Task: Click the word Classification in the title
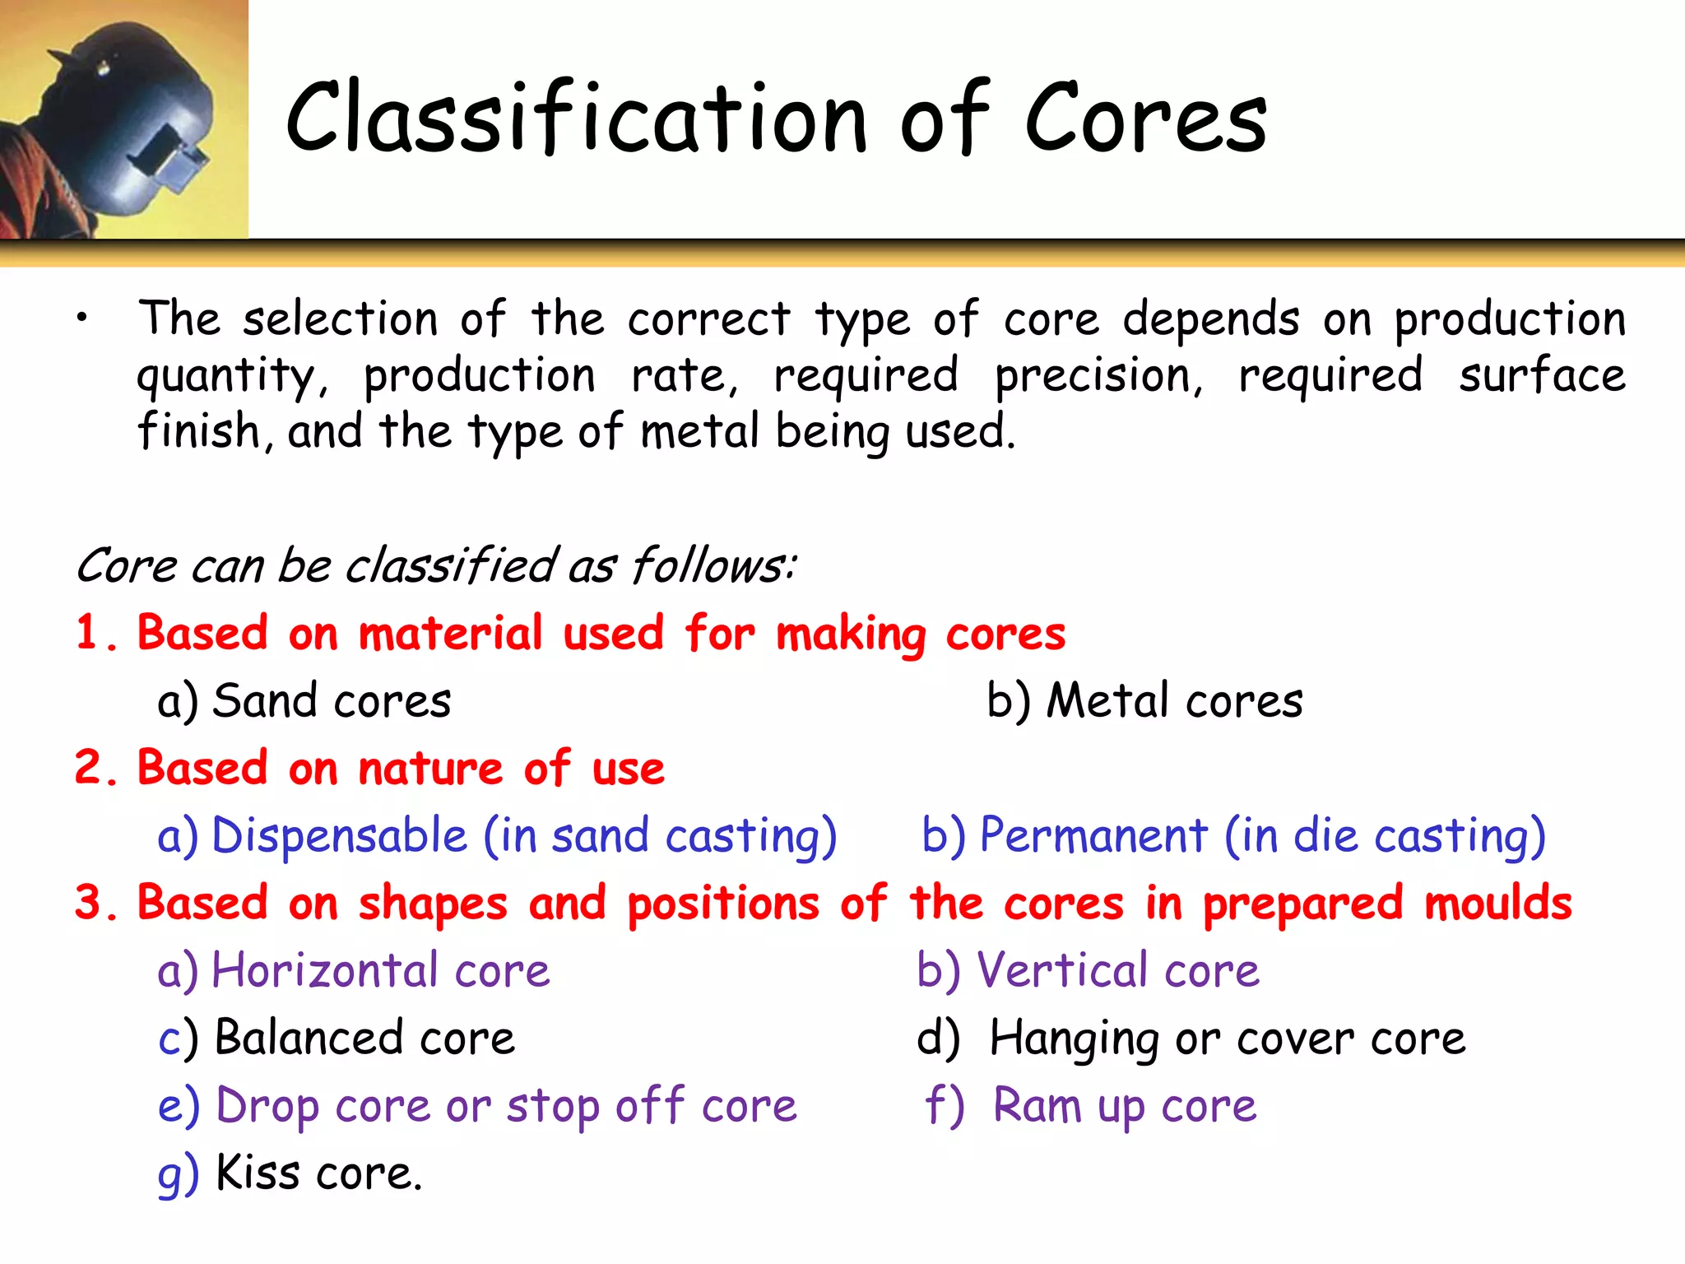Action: pos(576,118)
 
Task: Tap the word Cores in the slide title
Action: pos(1145,118)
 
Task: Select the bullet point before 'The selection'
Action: pos(81,319)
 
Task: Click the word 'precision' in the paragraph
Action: pos(1098,376)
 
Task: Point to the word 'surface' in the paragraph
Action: pos(1542,376)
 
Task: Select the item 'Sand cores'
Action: pos(331,701)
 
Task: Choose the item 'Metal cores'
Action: pos(1174,701)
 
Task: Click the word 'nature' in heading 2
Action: pos(430,769)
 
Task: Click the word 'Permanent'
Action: pos(1093,836)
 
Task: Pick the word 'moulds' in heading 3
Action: pos(1497,904)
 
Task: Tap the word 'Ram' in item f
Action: pos(1036,1106)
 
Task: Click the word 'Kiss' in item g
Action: pos(258,1173)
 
